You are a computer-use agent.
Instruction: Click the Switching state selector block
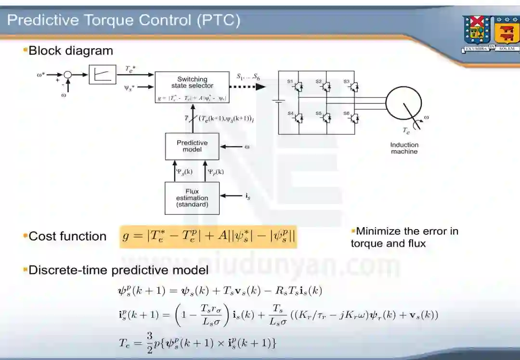tap(192, 87)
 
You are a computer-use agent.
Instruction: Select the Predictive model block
tap(192, 146)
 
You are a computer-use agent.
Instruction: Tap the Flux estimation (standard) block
tap(192, 198)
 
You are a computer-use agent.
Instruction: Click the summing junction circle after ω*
tap(68, 75)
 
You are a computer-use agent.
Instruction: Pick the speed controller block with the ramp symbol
tap(103, 75)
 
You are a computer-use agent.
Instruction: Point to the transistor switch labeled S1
tap(299, 86)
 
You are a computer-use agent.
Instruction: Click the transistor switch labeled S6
tap(354, 117)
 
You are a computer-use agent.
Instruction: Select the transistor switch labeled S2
tap(327, 86)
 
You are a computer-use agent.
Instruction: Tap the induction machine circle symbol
tap(404, 103)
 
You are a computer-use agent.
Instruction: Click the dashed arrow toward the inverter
tap(247, 87)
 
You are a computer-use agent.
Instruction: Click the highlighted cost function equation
tap(208, 237)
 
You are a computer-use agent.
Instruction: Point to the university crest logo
tap(491, 33)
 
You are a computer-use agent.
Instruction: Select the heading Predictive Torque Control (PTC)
tap(124, 20)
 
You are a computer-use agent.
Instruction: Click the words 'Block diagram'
tap(71, 51)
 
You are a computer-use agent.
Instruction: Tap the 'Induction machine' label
tap(404, 148)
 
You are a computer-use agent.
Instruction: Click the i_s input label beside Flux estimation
tap(248, 196)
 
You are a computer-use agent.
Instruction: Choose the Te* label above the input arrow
tap(130, 69)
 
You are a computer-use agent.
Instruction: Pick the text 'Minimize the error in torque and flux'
tap(404, 237)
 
